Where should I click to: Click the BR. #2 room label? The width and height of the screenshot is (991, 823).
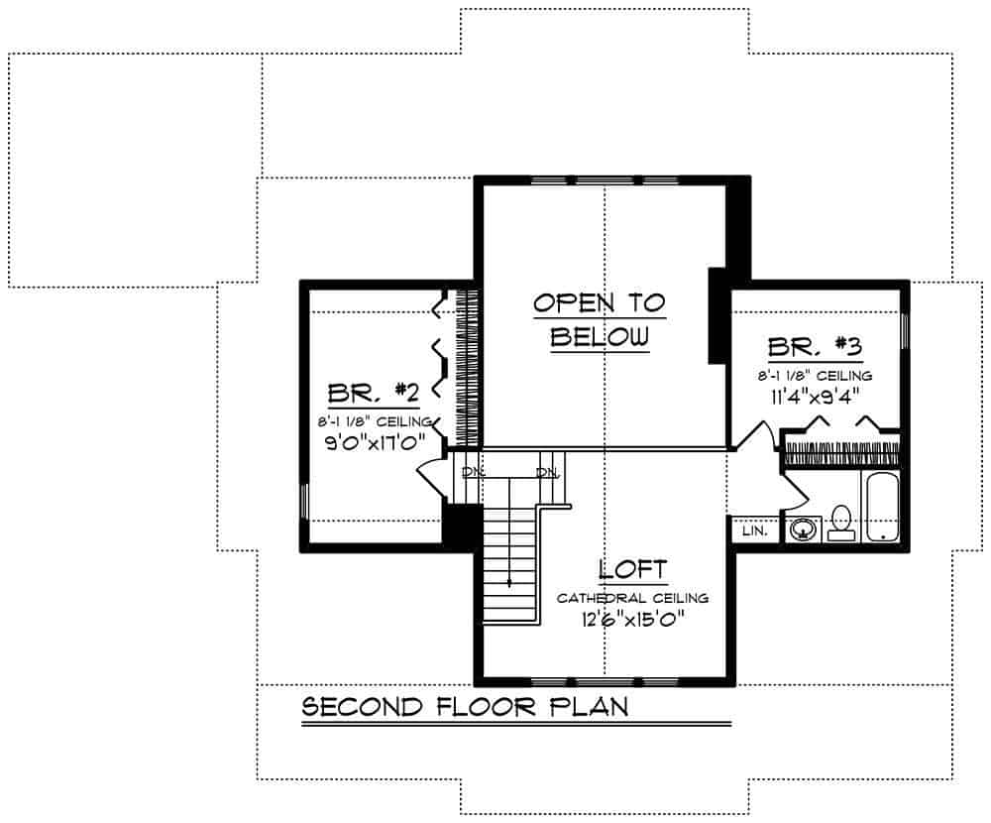(x=373, y=393)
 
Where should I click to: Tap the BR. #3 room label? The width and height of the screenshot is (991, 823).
(x=816, y=347)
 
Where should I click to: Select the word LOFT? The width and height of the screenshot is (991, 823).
(x=632, y=570)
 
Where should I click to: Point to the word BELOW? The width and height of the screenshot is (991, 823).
(x=600, y=336)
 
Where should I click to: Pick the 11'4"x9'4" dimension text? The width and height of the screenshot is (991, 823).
(x=815, y=396)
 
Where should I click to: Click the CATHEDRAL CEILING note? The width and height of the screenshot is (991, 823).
(x=632, y=598)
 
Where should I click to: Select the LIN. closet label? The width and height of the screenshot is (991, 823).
(x=754, y=530)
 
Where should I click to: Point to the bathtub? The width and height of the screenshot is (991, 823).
(x=882, y=507)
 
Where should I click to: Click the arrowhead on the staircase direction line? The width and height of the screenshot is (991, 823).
(x=508, y=583)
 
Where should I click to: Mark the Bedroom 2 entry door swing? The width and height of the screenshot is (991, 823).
(x=432, y=480)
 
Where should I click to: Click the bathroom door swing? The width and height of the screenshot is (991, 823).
(x=795, y=491)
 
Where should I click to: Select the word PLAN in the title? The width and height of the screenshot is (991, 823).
(x=589, y=707)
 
